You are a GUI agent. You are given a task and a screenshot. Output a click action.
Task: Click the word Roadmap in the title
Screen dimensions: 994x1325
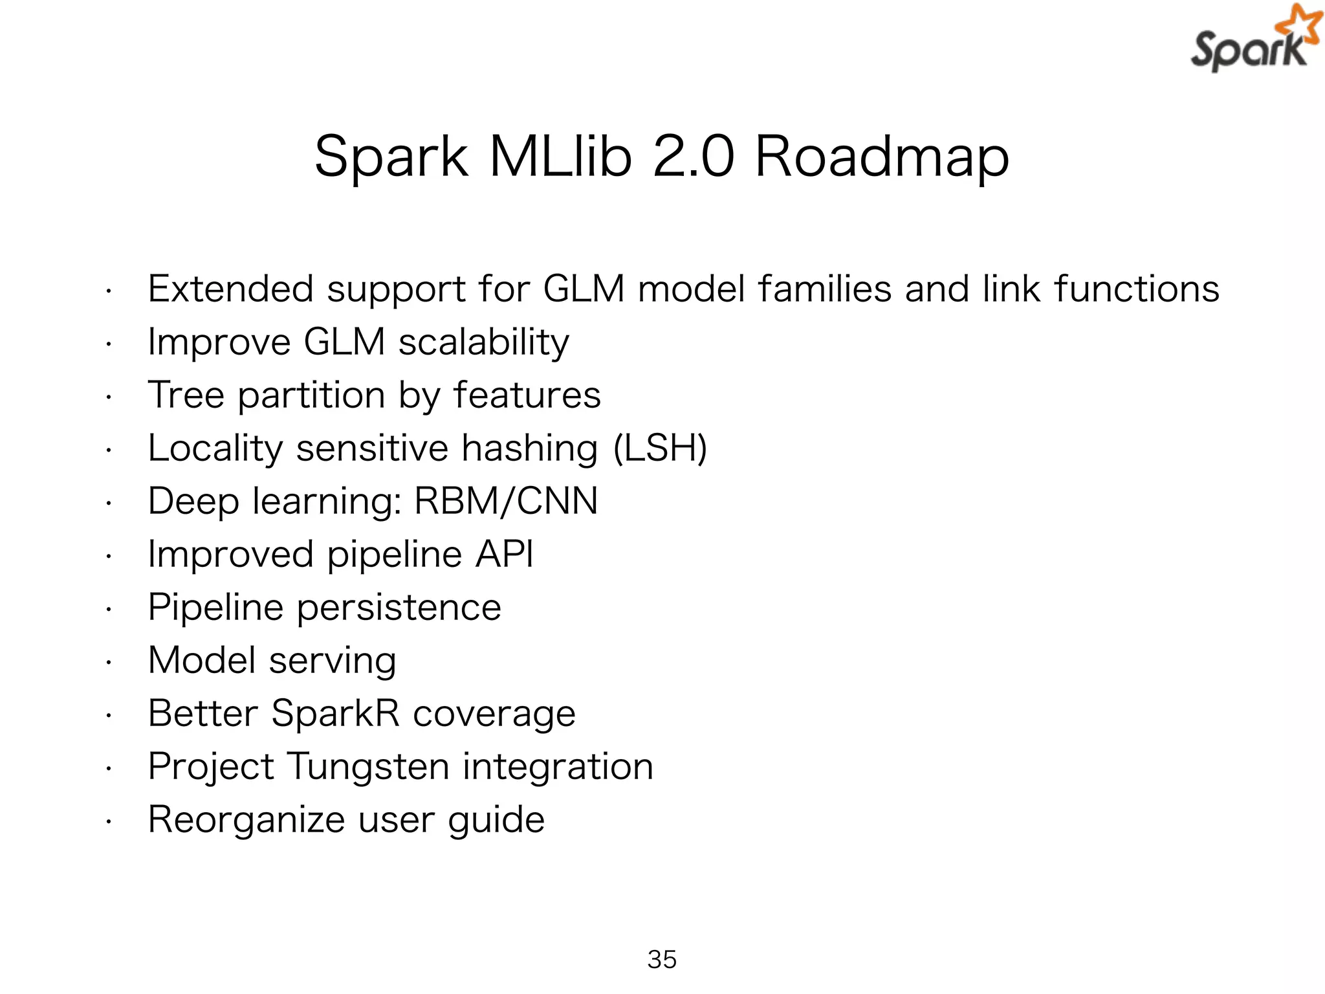pos(881,157)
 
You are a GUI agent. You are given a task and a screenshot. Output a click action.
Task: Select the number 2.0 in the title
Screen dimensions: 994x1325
pos(693,157)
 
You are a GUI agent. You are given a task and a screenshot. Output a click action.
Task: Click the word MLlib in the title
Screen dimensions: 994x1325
pos(560,157)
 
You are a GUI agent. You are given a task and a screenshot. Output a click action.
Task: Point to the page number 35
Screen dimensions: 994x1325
pos(662,959)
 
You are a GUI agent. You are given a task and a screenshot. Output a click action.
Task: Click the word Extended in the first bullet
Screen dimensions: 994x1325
pos(230,289)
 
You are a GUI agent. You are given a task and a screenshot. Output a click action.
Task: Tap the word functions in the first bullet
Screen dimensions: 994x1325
pos(1136,289)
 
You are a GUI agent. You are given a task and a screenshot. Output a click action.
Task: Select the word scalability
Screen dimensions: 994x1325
pos(483,342)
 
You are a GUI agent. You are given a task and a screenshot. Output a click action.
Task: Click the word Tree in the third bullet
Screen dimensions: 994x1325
pos(186,395)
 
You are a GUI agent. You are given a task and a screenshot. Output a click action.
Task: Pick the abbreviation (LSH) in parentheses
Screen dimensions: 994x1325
pos(660,448)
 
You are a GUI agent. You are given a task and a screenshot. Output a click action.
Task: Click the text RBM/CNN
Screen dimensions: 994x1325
pos(506,501)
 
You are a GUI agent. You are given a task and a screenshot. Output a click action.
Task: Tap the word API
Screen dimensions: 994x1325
pos(505,554)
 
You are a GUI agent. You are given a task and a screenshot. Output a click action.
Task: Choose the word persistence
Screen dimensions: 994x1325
pos(399,607)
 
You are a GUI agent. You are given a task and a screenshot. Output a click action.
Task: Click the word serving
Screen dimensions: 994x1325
pos(333,661)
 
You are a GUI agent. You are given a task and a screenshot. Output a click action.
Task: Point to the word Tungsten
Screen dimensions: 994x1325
pos(367,766)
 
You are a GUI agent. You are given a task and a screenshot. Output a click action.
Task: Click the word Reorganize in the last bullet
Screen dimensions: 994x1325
pos(246,820)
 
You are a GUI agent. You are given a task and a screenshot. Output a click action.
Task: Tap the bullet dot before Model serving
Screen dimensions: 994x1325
pos(109,663)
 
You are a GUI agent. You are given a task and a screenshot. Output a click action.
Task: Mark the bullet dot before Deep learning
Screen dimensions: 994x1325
pos(109,503)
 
